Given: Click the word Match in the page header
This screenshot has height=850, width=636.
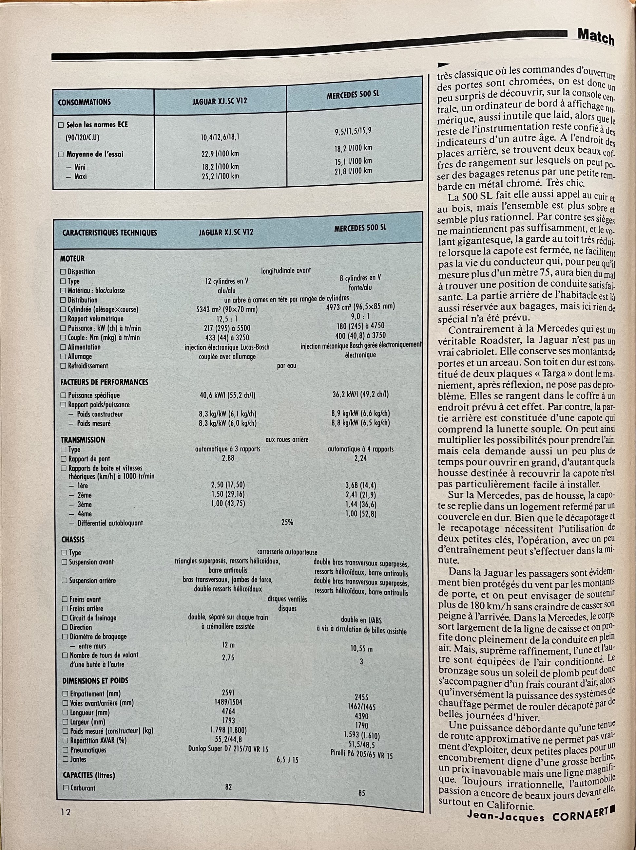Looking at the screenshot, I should (x=596, y=38).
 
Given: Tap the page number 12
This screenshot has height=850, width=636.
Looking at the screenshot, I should (x=65, y=812).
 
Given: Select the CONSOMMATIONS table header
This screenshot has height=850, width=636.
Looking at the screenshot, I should (x=84, y=102).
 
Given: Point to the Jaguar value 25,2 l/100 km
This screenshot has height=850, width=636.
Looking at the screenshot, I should (x=220, y=176).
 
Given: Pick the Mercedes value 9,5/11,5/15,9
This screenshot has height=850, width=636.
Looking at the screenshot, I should (x=353, y=131).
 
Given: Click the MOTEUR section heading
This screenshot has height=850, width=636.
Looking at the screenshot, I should (x=72, y=259).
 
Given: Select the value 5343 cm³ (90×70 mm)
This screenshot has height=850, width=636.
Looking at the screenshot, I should (x=227, y=309).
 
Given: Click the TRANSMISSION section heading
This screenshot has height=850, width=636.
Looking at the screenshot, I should (x=83, y=440).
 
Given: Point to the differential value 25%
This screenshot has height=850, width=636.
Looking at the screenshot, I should (x=287, y=522).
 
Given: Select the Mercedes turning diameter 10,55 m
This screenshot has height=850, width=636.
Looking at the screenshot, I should (x=361, y=649).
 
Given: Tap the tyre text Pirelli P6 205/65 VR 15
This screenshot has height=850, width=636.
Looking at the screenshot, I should (x=361, y=755).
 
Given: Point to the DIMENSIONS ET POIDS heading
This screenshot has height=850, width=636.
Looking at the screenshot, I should (x=95, y=680).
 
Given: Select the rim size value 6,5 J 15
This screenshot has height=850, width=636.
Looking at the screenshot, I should (x=287, y=760).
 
